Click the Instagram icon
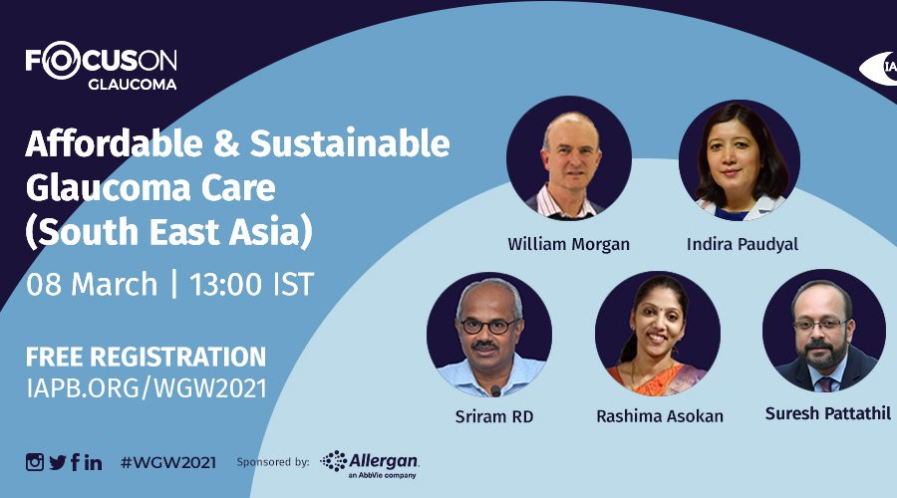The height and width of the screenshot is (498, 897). pos(34,462)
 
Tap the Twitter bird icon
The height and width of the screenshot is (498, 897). pos(58,462)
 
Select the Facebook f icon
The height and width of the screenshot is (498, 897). pos(75,462)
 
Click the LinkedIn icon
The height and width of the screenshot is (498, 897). pos(94,462)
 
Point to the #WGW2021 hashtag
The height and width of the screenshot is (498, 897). pos(168,462)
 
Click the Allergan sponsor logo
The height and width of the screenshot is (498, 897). pos(370,464)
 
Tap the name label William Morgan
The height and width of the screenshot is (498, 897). pos(569,245)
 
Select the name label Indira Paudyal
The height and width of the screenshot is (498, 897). pos(742,245)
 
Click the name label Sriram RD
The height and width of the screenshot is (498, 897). pos(494,416)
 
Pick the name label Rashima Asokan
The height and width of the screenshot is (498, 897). pos(660,416)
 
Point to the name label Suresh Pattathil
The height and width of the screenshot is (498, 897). pos(828,413)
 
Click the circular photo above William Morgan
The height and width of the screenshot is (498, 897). pos(569,158)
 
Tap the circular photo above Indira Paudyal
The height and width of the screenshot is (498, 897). pos(740,160)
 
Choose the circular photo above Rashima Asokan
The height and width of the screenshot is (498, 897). pos(658,334)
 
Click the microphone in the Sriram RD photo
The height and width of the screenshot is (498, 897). pos(495,391)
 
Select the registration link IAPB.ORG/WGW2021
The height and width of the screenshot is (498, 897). pos(147,388)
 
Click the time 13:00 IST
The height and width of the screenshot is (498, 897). pos(252,284)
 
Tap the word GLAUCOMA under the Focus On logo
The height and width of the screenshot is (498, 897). pos(133,84)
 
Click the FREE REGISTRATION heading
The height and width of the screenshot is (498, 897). pos(146,357)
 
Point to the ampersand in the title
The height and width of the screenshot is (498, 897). pos(227,144)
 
